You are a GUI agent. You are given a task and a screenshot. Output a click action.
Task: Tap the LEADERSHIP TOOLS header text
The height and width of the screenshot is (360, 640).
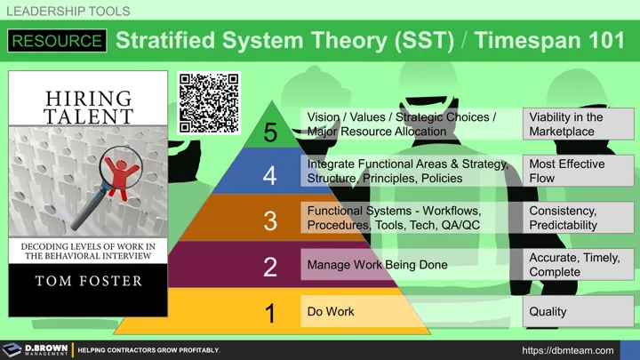coord(68,11)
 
